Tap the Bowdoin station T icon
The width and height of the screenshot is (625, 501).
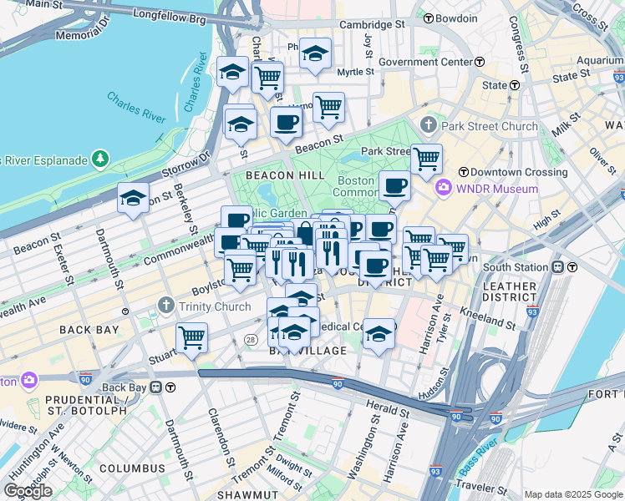(428, 18)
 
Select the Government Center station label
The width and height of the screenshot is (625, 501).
(425, 62)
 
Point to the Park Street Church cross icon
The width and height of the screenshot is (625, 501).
(429, 126)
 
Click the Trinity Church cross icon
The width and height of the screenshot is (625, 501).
(167, 306)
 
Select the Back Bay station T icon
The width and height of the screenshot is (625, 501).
(170, 387)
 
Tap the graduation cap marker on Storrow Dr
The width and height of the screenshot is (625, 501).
(133, 197)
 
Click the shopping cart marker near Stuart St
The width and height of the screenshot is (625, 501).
(192, 337)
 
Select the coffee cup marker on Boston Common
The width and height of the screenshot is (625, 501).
(394, 185)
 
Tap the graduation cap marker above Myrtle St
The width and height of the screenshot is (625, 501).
(315, 53)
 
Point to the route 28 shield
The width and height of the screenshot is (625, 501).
(251, 339)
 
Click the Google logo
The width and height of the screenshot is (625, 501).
(28, 491)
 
